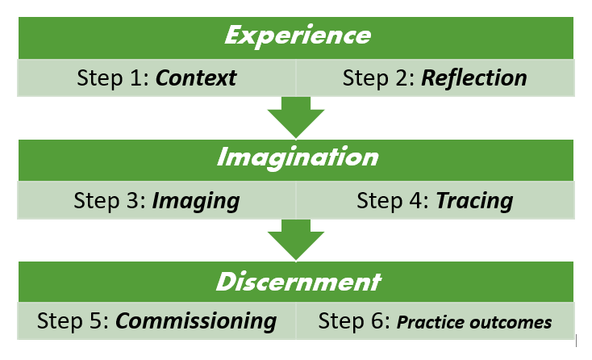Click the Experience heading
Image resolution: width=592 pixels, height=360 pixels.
(298, 36)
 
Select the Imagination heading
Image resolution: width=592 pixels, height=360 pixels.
(297, 157)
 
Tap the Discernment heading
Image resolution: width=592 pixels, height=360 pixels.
(297, 282)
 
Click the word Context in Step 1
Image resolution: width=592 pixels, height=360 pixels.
(197, 78)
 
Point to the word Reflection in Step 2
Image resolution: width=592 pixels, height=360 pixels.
(474, 78)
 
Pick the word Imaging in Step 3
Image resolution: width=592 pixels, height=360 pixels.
(197, 200)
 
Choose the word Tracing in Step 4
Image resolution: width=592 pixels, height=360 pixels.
(474, 200)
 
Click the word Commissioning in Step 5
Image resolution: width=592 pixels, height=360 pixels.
(197, 320)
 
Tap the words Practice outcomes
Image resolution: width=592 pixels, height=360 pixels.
(474, 322)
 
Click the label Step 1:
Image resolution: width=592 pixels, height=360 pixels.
(113, 78)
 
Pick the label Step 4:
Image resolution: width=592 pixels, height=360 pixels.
(393, 200)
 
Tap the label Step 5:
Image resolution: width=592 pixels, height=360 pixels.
(73, 320)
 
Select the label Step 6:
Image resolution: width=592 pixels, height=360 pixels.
(354, 320)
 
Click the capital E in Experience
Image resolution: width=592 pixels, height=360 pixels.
(233, 36)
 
